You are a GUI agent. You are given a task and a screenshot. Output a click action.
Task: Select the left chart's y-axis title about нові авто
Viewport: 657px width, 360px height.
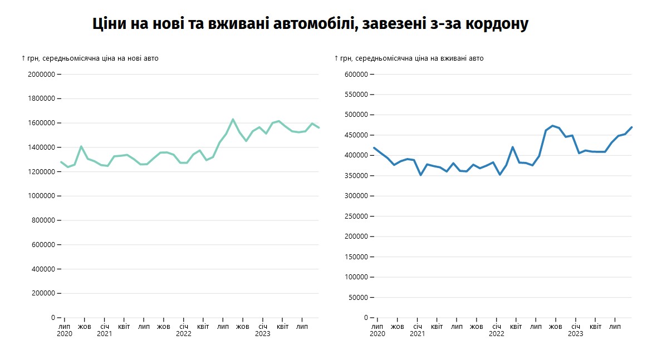click(90, 58)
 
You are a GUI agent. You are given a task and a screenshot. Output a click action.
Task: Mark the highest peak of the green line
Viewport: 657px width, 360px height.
click(233, 119)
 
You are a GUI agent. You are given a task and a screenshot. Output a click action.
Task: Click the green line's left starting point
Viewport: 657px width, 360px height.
click(61, 162)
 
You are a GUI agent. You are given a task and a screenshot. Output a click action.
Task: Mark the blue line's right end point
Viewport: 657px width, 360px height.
click(632, 127)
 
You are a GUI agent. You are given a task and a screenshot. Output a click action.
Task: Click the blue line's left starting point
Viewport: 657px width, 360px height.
click(374, 148)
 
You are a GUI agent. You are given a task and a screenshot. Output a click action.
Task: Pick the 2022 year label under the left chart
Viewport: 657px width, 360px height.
click(183, 334)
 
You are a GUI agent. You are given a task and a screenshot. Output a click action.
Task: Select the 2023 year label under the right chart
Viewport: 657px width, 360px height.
click(575, 334)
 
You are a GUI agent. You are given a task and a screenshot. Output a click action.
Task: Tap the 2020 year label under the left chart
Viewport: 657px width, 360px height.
click(64, 334)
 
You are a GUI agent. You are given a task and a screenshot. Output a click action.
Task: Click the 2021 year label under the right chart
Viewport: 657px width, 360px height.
click(417, 334)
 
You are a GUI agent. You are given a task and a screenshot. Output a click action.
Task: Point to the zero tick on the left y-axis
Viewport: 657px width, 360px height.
click(52, 318)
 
